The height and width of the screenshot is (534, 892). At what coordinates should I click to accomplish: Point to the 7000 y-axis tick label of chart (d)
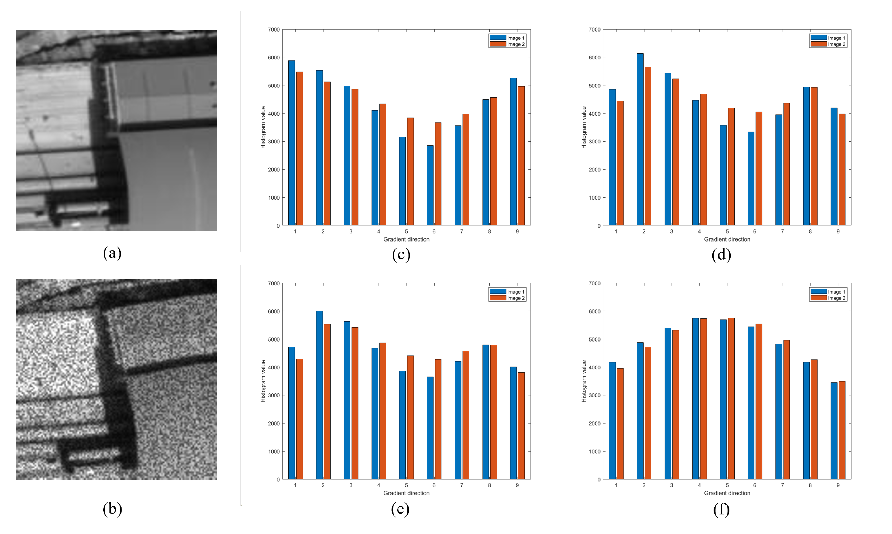tap(594, 29)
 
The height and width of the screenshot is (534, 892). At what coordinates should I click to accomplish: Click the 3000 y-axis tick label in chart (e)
tap(274, 395)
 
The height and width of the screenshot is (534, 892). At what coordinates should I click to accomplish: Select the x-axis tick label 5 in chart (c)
tap(406, 231)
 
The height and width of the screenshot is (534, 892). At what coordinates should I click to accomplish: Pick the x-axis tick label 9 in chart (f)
tap(838, 485)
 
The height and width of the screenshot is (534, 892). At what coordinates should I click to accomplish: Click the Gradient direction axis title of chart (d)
tap(727, 239)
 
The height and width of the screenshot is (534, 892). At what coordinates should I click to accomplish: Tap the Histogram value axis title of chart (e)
tap(263, 381)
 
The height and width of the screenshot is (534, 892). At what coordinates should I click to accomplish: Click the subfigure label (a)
tap(112, 253)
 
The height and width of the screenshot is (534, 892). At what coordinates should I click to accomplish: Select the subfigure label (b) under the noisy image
tap(112, 509)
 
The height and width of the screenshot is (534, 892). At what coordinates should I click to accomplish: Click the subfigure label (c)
tap(401, 254)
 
